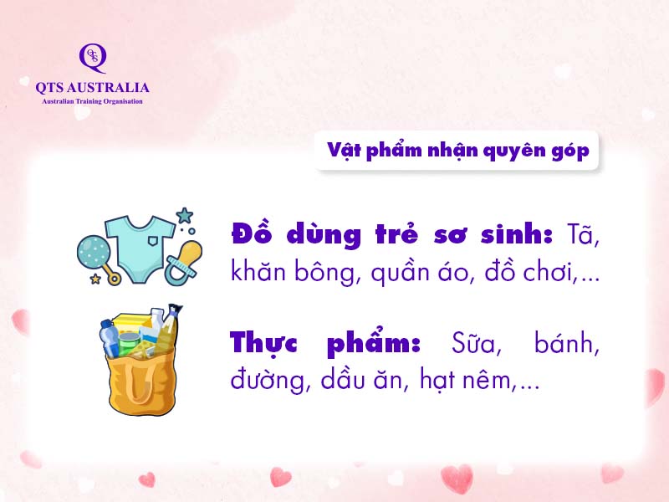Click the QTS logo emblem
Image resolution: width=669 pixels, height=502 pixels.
(x=93, y=58)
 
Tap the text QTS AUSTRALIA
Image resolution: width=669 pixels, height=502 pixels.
(x=92, y=88)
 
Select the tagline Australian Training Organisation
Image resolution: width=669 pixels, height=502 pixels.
(x=92, y=101)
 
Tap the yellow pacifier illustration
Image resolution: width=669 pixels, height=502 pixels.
(x=184, y=263)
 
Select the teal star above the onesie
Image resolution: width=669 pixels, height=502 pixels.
(x=185, y=216)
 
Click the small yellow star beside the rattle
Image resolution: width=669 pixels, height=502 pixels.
(x=95, y=279)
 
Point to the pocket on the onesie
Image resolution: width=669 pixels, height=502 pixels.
(x=154, y=241)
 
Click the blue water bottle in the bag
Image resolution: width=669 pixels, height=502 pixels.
(x=110, y=338)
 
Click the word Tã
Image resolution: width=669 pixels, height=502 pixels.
(x=582, y=234)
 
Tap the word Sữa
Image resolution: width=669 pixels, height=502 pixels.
(x=476, y=343)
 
